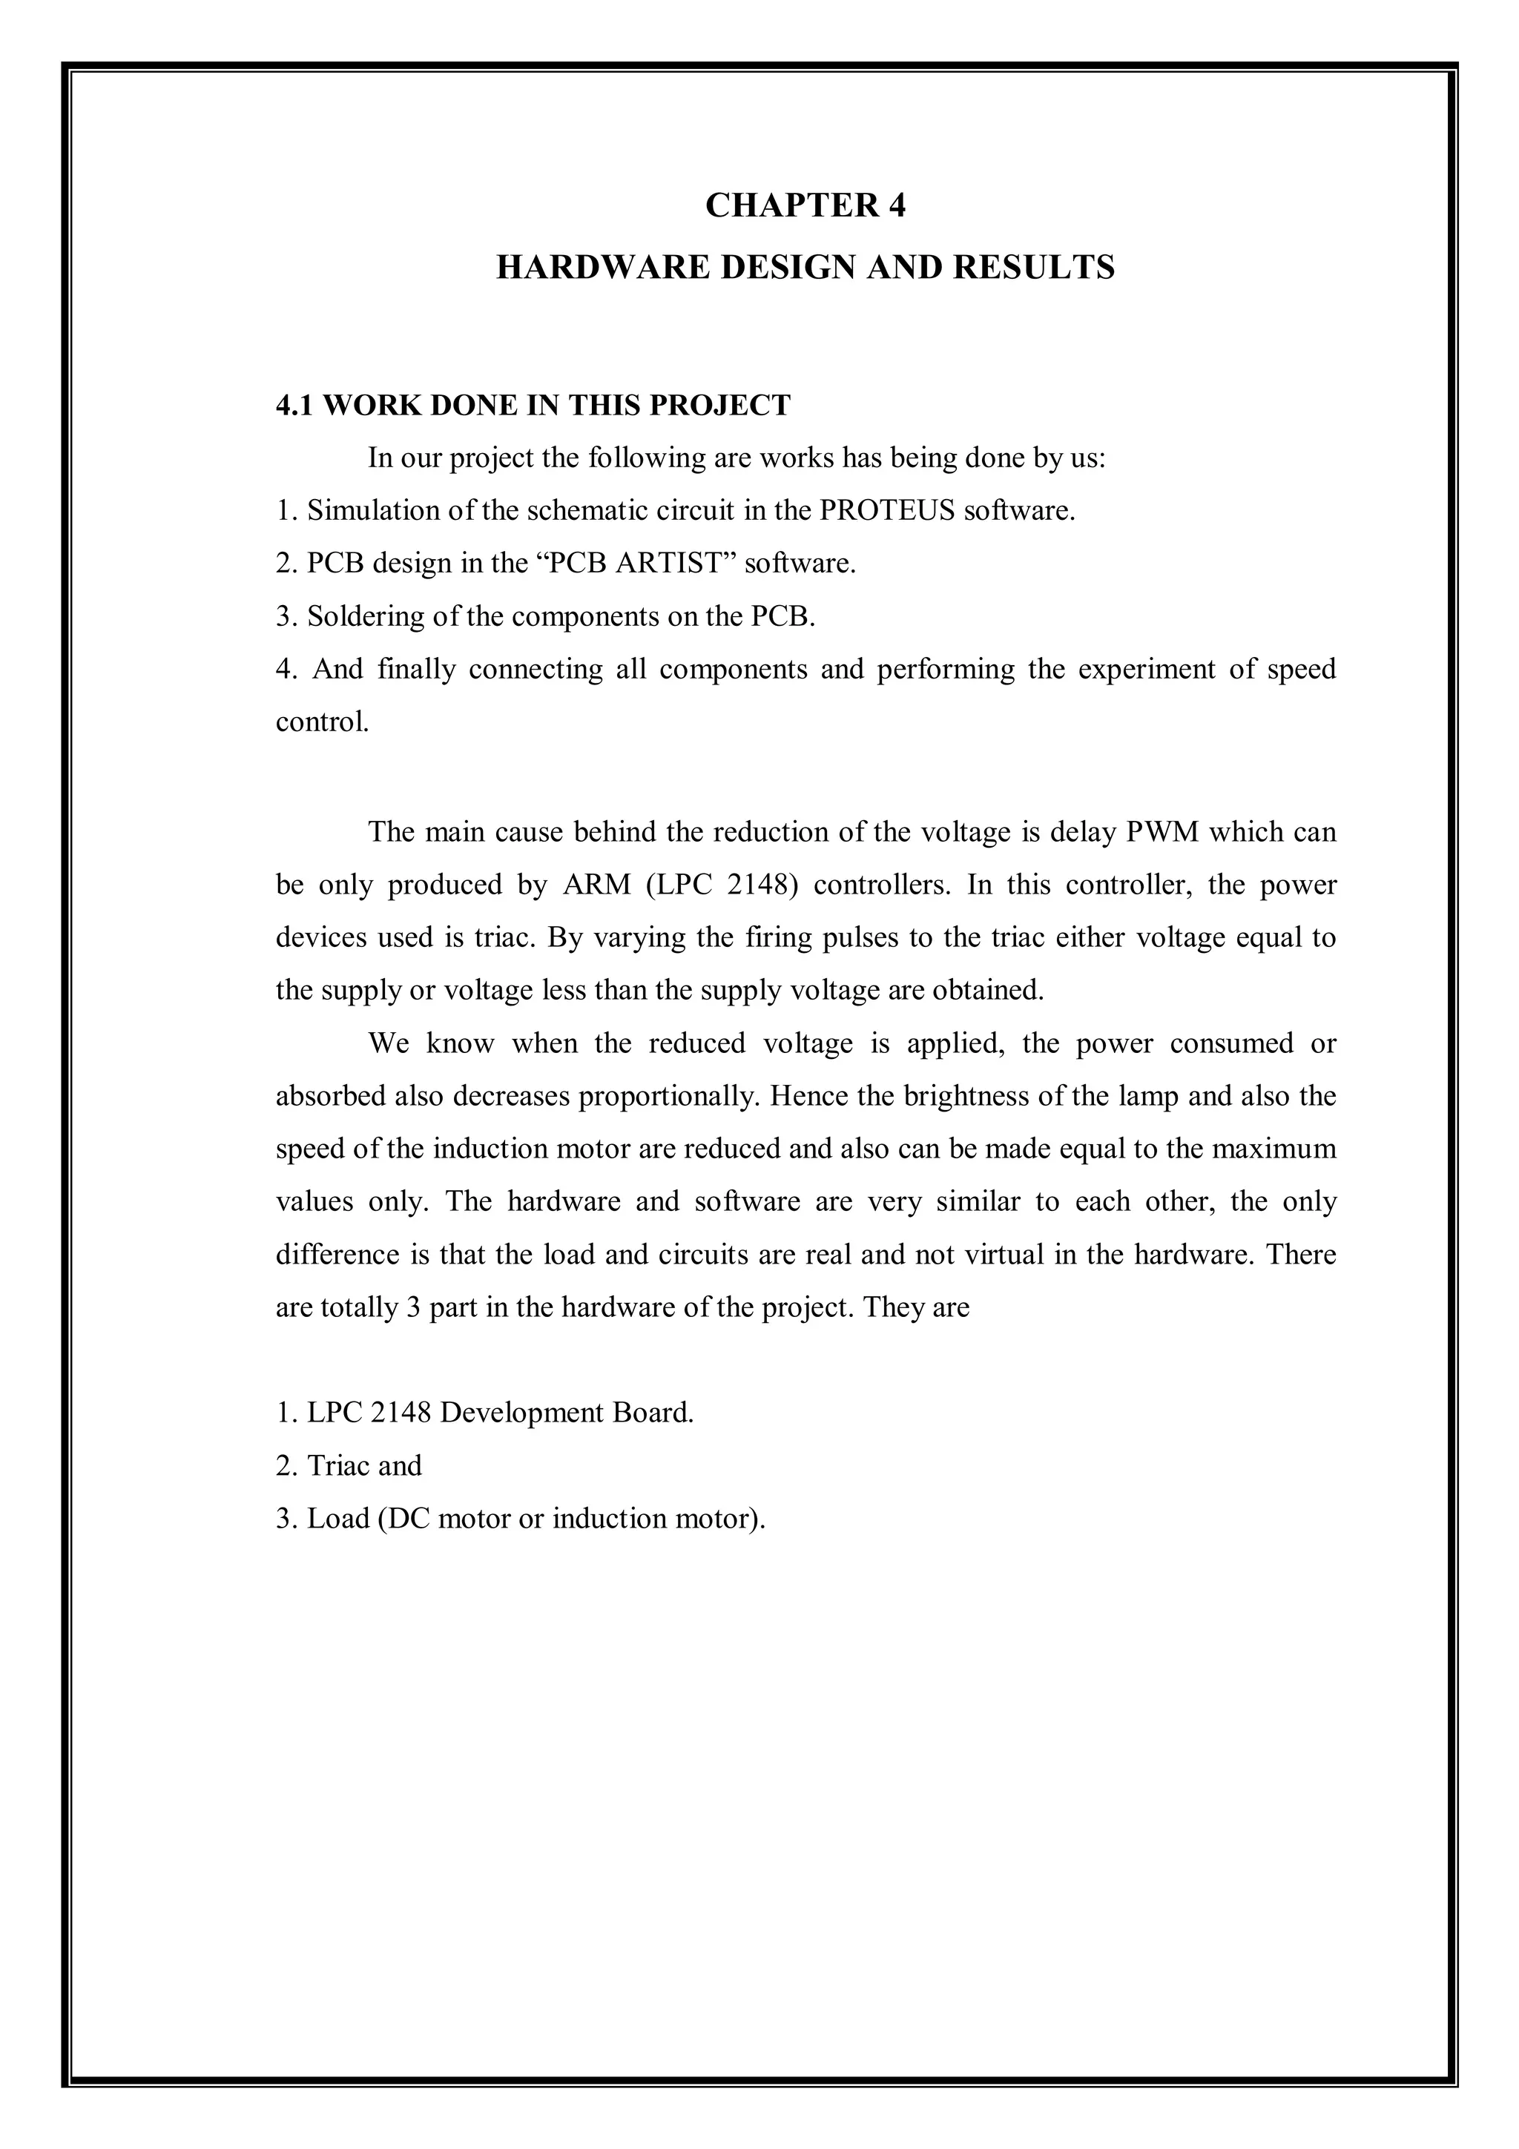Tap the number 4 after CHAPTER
(x=896, y=205)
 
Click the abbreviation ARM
(x=597, y=885)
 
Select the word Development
(x=521, y=1413)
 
